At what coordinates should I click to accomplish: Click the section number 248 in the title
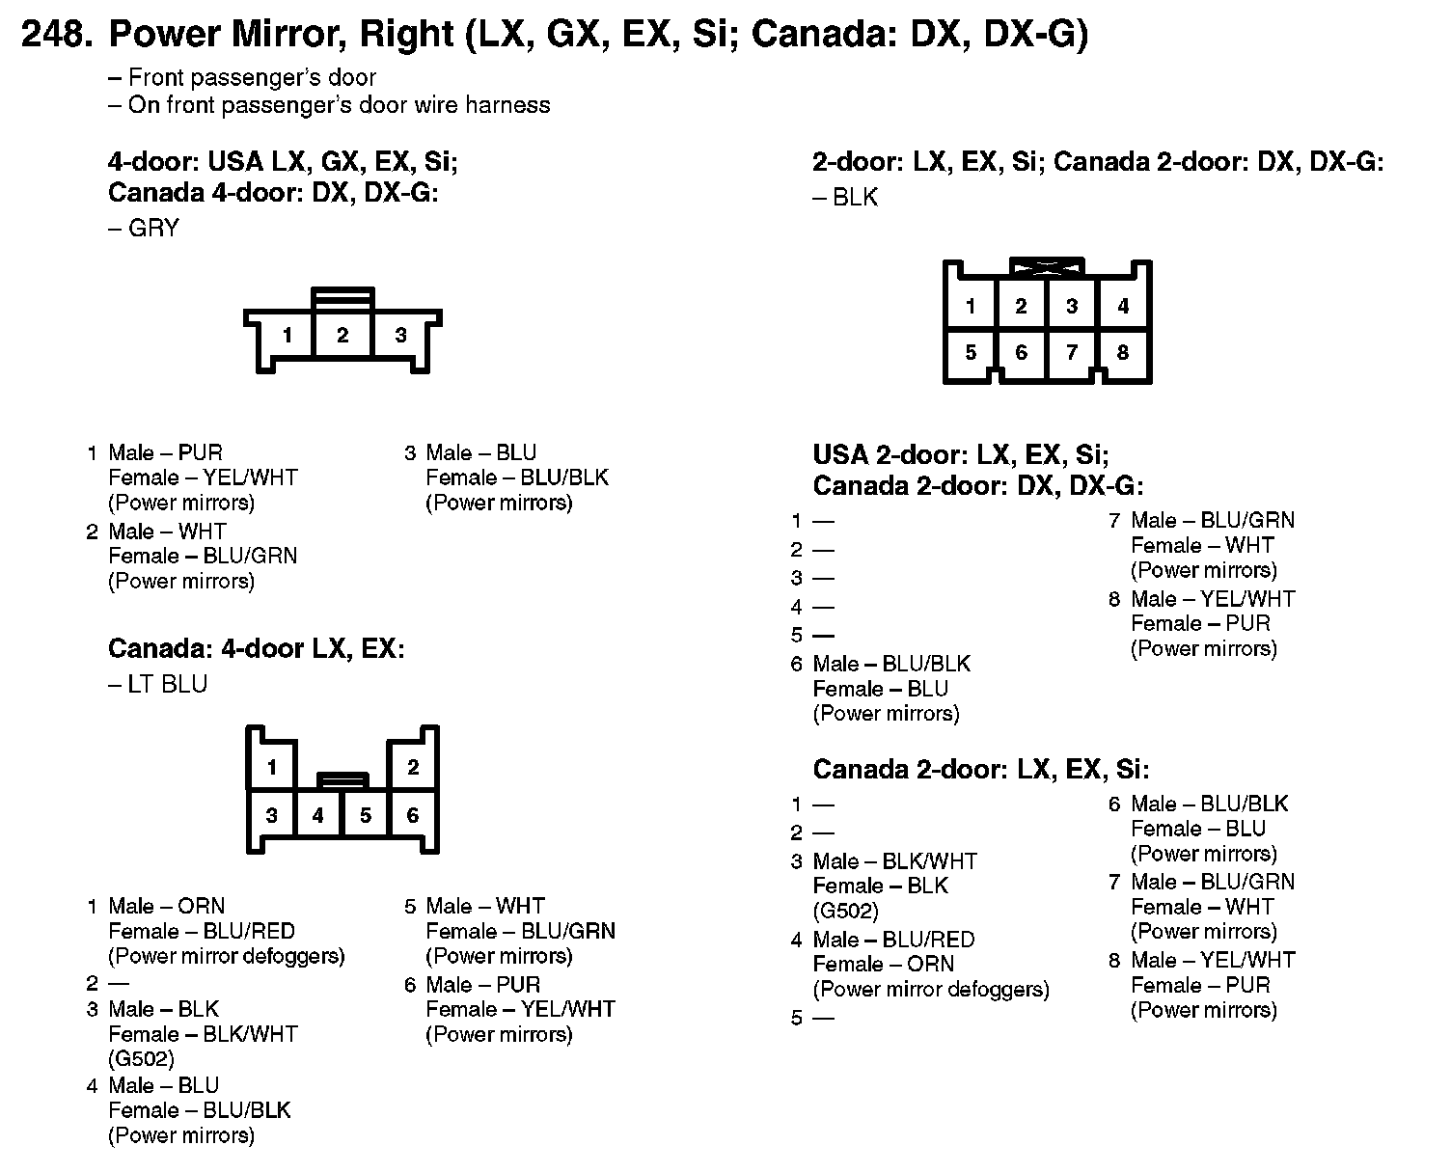pyautogui.click(x=56, y=35)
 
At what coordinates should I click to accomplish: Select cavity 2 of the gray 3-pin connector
pyautogui.click(x=342, y=336)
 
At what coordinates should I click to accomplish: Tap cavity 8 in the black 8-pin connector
pyautogui.click(x=1122, y=352)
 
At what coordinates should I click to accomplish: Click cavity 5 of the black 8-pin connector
pyautogui.click(x=971, y=352)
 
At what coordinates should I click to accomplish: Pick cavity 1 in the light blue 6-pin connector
pyautogui.click(x=272, y=768)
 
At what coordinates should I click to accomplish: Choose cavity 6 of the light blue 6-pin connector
pyautogui.click(x=412, y=815)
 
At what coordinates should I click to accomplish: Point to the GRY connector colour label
pyautogui.click(x=152, y=229)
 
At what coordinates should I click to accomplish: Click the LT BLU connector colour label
pyautogui.click(x=167, y=684)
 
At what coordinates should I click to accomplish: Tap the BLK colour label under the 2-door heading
pyautogui.click(x=855, y=198)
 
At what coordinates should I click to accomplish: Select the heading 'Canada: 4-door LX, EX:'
pyautogui.click(x=256, y=648)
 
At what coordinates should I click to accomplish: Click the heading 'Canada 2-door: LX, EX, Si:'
pyautogui.click(x=980, y=769)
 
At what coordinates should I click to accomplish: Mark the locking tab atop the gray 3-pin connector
pyautogui.click(x=342, y=296)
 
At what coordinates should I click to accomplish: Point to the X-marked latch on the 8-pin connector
pyautogui.click(x=1046, y=266)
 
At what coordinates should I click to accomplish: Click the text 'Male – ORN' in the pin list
pyautogui.click(x=166, y=907)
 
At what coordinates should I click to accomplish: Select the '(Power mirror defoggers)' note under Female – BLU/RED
pyautogui.click(x=226, y=956)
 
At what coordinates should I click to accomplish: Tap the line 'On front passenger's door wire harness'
pyautogui.click(x=339, y=105)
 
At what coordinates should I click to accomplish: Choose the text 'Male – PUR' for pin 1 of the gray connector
pyautogui.click(x=165, y=453)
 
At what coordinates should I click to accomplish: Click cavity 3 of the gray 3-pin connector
pyautogui.click(x=400, y=336)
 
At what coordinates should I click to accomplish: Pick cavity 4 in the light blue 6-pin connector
pyautogui.click(x=318, y=816)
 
